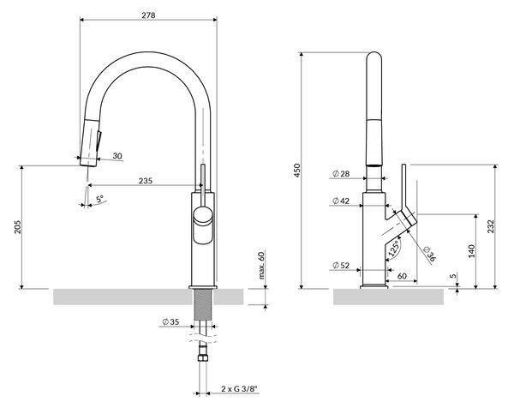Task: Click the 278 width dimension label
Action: tap(148, 15)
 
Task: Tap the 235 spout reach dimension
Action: tap(146, 181)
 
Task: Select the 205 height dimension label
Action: tap(17, 227)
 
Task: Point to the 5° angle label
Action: tap(99, 198)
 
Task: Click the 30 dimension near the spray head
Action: tap(117, 156)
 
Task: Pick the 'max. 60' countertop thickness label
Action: tap(261, 265)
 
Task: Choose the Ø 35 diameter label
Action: tap(170, 321)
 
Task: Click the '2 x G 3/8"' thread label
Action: tap(239, 389)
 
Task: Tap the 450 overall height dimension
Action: tap(297, 171)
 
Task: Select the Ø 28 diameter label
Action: tap(341, 173)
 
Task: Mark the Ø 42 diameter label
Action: tap(341, 201)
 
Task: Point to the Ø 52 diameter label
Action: tap(341, 265)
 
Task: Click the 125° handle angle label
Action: tap(394, 249)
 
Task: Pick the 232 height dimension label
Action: tap(490, 226)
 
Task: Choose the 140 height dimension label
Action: tap(471, 251)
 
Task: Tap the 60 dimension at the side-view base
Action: tap(402, 276)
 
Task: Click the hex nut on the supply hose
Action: tap(202, 357)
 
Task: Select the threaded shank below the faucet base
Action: tap(203, 304)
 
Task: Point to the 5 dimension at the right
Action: tap(452, 276)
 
